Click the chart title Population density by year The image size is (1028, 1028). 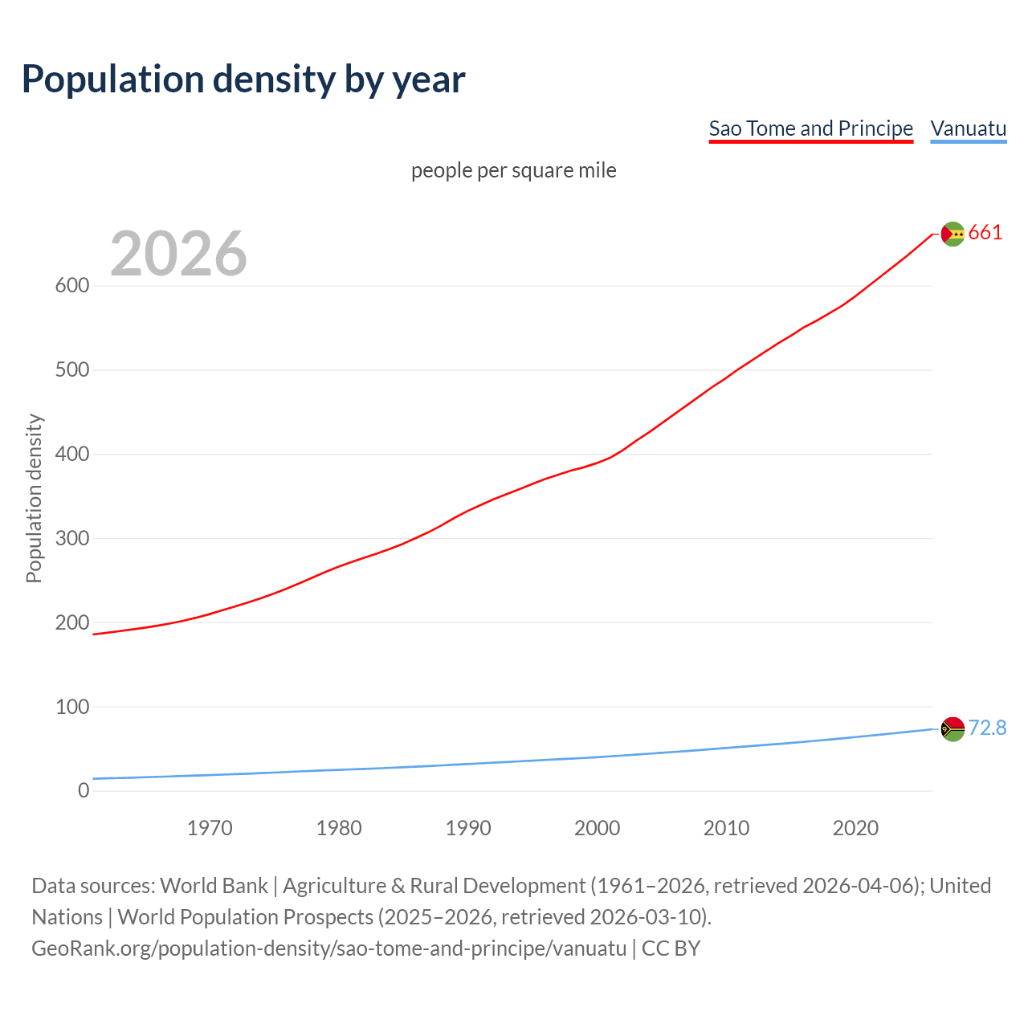(x=243, y=80)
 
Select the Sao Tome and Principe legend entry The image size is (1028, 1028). (x=810, y=128)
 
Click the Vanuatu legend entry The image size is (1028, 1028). (x=968, y=128)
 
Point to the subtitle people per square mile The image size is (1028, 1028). (x=513, y=171)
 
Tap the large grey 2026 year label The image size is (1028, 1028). (x=178, y=254)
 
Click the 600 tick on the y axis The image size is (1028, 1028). (x=72, y=286)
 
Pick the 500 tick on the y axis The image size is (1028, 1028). (x=72, y=370)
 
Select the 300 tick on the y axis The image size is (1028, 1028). (x=72, y=538)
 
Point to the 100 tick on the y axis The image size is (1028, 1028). (x=72, y=707)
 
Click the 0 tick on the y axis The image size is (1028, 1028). (x=84, y=791)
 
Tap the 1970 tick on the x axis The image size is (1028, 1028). (x=210, y=828)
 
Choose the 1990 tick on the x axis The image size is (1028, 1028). (x=468, y=828)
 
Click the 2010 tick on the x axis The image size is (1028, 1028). (x=726, y=828)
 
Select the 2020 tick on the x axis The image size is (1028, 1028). (x=855, y=828)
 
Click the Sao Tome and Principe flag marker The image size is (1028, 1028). (x=953, y=234)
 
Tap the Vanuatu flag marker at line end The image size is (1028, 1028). (x=953, y=729)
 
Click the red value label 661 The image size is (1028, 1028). (x=985, y=233)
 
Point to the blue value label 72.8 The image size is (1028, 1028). (x=987, y=728)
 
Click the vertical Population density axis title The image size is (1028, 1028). (x=34, y=498)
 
